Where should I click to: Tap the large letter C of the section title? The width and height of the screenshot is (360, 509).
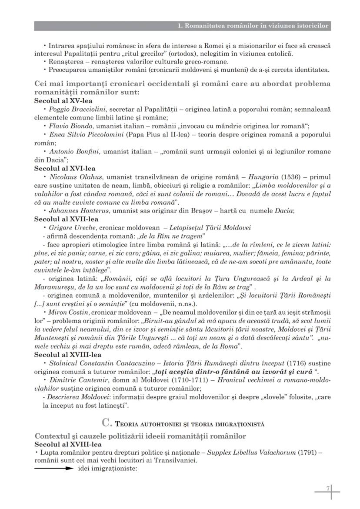[x=105, y=423]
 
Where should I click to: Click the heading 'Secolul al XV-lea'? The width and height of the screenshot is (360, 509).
[x=63, y=100]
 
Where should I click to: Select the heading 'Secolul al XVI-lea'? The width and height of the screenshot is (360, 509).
[x=65, y=168]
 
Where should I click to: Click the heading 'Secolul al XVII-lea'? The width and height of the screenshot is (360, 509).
[x=67, y=219]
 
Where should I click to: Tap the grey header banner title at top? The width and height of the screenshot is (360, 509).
[x=253, y=26]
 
